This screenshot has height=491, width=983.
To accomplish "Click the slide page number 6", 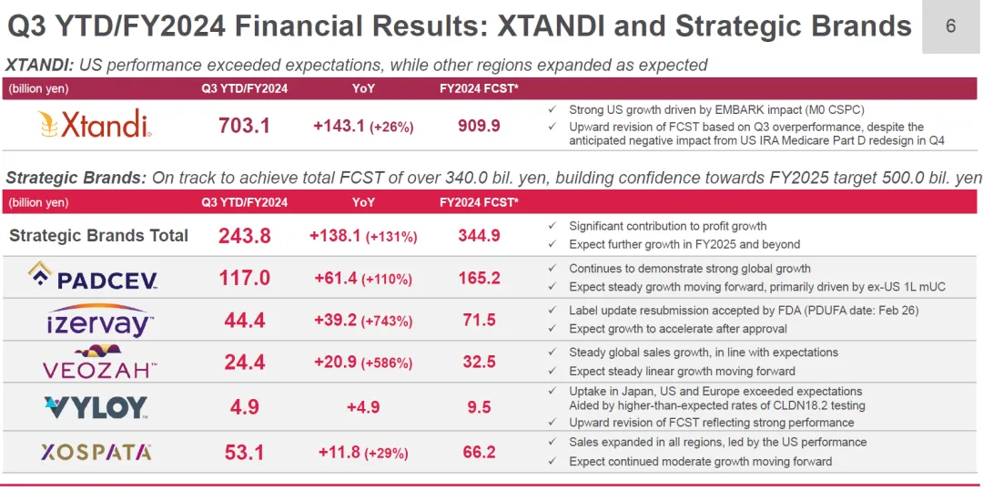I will (x=951, y=26).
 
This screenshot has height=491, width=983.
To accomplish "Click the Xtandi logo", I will (x=94, y=125).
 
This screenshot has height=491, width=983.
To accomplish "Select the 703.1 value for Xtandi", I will (x=244, y=126).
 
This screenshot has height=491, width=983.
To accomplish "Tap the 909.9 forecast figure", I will (x=479, y=126).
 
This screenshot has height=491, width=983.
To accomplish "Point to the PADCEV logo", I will (x=94, y=277).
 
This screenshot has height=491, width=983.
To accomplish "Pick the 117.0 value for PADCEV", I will (x=244, y=278).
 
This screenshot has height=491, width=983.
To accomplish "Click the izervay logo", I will (x=99, y=320).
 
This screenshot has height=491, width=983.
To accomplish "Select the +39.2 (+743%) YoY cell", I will (x=363, y=321).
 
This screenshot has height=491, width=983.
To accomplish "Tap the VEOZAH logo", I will (x=99, y=363).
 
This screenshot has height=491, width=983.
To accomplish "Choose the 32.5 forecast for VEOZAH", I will (x=479, y=362).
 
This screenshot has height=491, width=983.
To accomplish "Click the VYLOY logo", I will (x=96, y=406).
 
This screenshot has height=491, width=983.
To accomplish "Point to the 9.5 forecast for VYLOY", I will (x=479, y=406).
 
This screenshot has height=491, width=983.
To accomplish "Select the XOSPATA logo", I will (x=96, y=452).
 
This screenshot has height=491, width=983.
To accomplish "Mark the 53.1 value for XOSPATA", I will (x=244, y=452).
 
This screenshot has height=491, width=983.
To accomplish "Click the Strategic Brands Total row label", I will (x=98, y=236).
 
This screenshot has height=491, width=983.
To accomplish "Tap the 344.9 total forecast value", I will (x=479, y=236).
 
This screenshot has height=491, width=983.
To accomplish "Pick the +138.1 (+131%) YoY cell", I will (x=363, y=236).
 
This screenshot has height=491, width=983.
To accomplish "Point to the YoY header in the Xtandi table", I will (x=363, y=88).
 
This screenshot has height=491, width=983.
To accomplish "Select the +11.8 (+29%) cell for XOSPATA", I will (x=363, y=453).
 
